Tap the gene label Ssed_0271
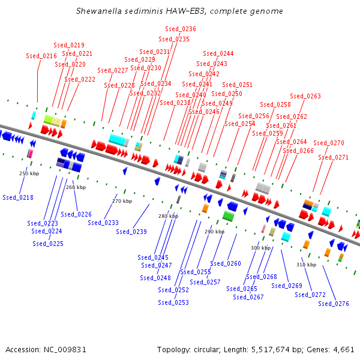pyautogui.click(x=333, y=157)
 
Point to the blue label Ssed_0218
pyautogui.click(x=18, y=197)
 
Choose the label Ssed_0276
pyautogui.click(x=334, y=304)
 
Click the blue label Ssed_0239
pyautogui.click(x=131, y=232)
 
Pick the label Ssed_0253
pyautogui.click(x=173, y=302)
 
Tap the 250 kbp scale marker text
pyautogui.click(x=29, y=173)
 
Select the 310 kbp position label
pyautogui.click(x=306, y=265)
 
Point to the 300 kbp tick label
pyautogui.click(x=260, y=248)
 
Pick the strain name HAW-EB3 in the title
pyautogui.click(x=180, y=11)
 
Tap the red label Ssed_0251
pyautogui.click(x=238, y=85)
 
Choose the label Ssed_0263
pyautogui.click(x=305, y=96)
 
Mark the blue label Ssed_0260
pyautogui.click(x=226, y=263)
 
